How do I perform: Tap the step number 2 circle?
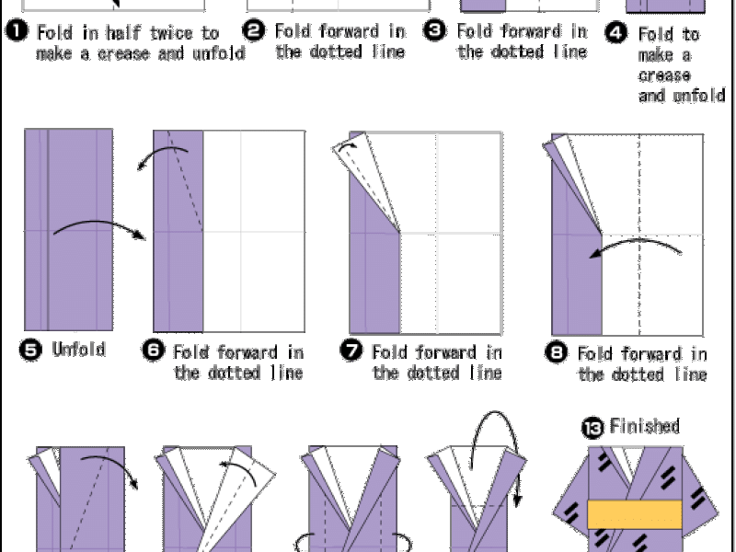[x=258, y=30]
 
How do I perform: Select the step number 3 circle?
[x=434, y=30]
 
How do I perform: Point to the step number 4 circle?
[x=616, y=35]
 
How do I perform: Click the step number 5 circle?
[x=31, y=351]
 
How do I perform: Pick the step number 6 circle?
[x=153, y=351]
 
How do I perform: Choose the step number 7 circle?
[x=351, y=351]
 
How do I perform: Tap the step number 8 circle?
[x=557, y=352]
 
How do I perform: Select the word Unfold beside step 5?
[x=79, y=350]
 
